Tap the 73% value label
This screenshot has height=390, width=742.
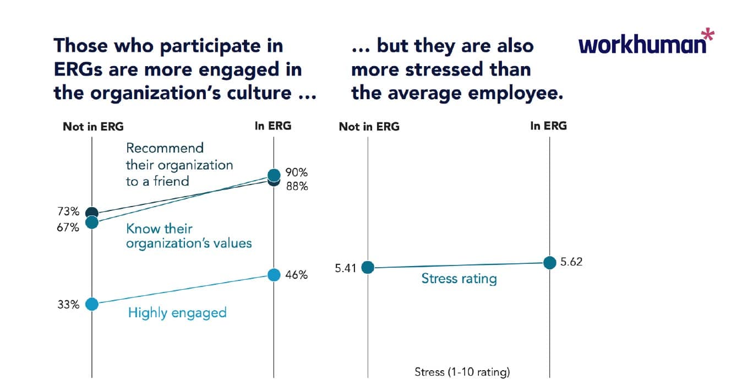pos(69,212)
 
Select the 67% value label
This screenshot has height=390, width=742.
pos(69,226)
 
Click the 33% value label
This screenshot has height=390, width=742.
pos(69,304)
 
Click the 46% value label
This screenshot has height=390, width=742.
pos(297,275)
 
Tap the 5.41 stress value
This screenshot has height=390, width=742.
pos(345,268)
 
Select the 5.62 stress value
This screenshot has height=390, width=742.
pos(571,262)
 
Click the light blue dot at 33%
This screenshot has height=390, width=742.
pos(91,304)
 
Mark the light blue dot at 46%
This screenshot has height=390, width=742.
pos(274,274)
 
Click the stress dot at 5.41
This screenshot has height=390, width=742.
pos(368,268)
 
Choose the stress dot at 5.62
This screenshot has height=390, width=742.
pos(549,263)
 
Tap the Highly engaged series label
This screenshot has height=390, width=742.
pos(177,313)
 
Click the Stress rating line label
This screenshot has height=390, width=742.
pos(459,279)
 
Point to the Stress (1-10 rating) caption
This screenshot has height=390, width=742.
pos(462,372)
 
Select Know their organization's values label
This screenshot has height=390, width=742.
pos(189,236)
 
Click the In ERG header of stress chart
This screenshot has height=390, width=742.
pos(548,126)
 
